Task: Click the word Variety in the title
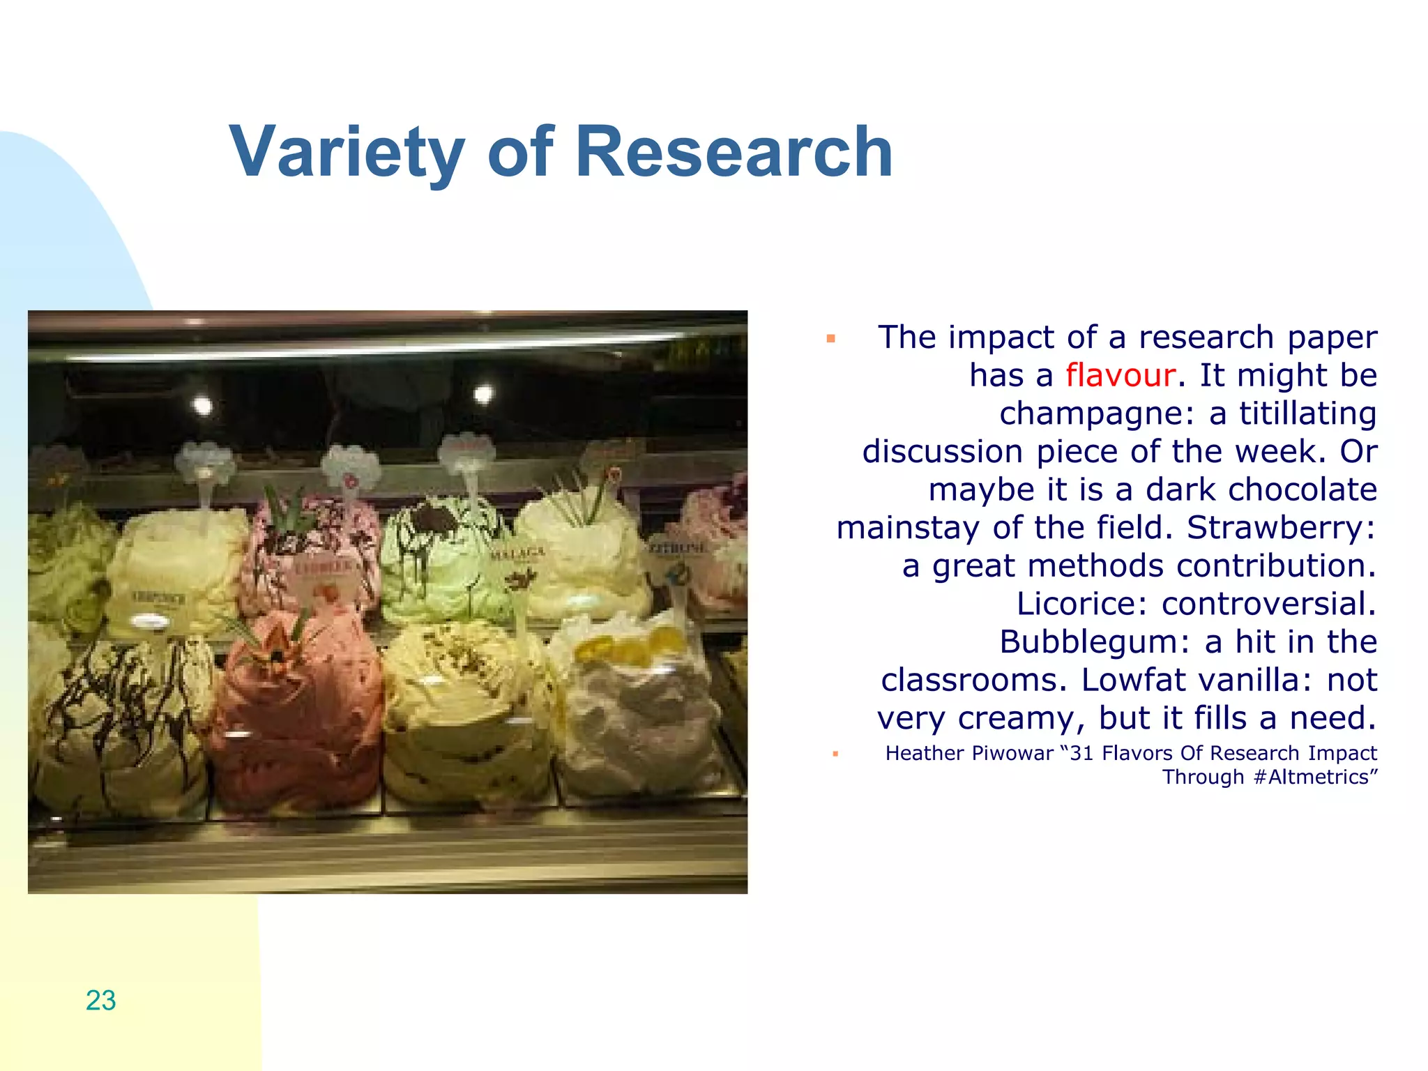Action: pos(347,153)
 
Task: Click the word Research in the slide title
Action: pos(734,151)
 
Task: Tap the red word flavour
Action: pos(1121,375)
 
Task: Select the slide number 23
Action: pos(100,1001)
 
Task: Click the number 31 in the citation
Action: pos(1081,754)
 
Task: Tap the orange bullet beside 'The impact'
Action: pos(830,340)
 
